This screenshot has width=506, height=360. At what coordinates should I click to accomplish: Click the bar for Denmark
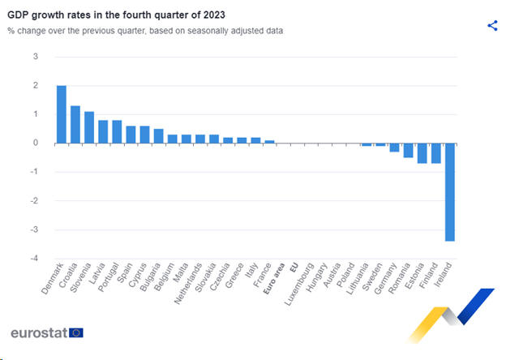coord(62,114)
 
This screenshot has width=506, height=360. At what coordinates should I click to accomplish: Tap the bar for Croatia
coord(75,124)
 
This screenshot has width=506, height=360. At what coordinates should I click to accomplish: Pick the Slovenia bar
coord(89,127)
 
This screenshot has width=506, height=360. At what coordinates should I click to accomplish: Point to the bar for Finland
coord(436,153)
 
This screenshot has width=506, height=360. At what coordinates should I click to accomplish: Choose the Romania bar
coord(409,150)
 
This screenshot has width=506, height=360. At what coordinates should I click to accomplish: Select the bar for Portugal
coord(117,131)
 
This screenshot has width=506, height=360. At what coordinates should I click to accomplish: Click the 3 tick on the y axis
coord(35,57)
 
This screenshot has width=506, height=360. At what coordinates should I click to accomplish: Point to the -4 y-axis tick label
coord(33,259)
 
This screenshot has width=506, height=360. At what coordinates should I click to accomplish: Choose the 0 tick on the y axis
coord(35,144)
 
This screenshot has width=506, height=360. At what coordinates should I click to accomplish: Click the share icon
coord(492,25)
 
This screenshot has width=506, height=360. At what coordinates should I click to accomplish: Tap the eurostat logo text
coord(39,332)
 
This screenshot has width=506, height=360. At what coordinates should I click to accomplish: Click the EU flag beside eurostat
coord(76,332)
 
